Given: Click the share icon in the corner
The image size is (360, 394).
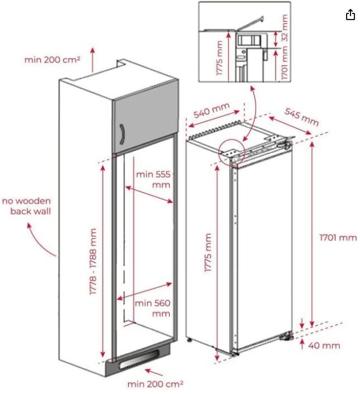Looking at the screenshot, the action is [351, 15].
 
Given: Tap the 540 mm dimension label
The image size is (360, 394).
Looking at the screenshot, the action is [212, 110].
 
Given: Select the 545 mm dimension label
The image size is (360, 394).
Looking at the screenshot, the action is [301, 117].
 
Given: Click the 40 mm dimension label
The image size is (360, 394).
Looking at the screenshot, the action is [324, 345].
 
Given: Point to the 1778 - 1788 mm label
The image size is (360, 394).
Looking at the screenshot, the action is [93, 262].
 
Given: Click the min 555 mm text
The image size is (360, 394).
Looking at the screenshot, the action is [153, 179].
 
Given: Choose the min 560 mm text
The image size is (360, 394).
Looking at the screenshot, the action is [153, 308].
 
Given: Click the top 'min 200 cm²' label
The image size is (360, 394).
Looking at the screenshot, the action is [52, 60].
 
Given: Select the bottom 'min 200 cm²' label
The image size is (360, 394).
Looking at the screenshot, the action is [155, 384].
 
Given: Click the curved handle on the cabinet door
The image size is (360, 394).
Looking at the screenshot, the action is [122, 134].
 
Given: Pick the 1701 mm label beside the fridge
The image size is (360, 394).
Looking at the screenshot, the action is [338, 237].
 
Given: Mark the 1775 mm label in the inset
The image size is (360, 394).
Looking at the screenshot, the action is [219, 58].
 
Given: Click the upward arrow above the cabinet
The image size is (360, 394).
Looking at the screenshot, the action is [93, 59].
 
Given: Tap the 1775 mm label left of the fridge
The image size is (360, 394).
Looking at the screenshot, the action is [208, 253].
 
